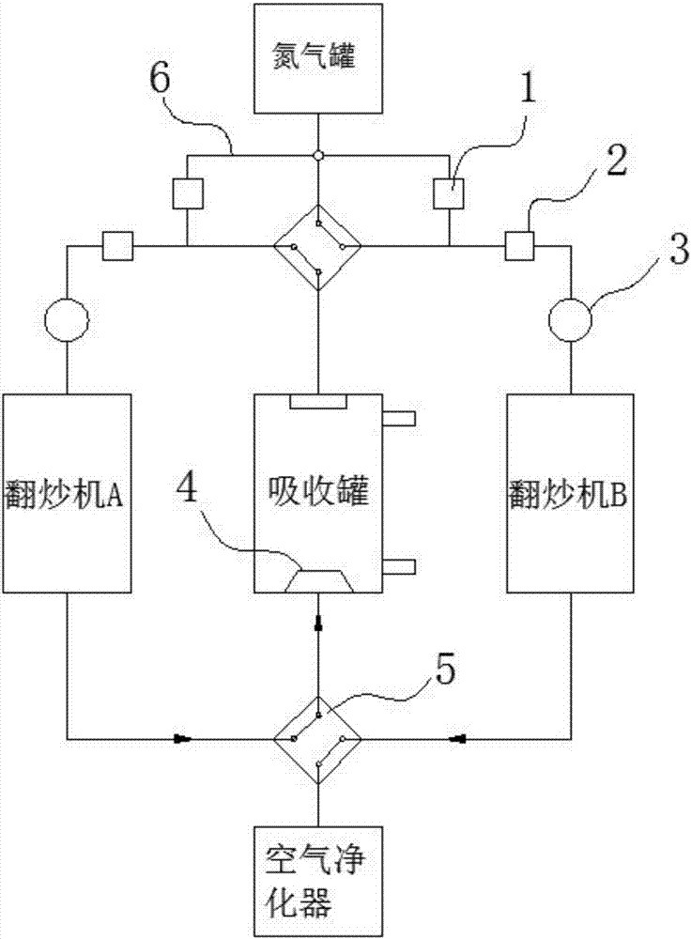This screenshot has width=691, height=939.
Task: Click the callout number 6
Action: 160,82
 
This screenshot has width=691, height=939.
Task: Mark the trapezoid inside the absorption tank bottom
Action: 318,580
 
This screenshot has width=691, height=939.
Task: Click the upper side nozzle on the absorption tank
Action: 399,416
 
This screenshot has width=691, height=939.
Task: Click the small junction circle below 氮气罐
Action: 318,155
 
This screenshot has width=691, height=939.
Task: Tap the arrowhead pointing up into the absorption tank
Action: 318,622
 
